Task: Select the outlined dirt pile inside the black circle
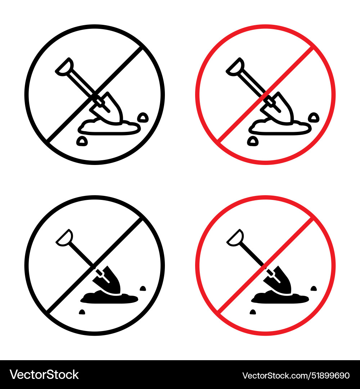(x=108, y=127)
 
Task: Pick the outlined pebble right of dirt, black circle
(x=143, y=117)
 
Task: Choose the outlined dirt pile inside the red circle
(x=279, y=127)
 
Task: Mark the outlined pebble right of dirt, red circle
(x=314, y=117)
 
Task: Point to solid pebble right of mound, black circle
(x=143, y=288)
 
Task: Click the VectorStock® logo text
(x=44, y=375)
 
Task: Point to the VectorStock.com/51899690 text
(x=296, y=375)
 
